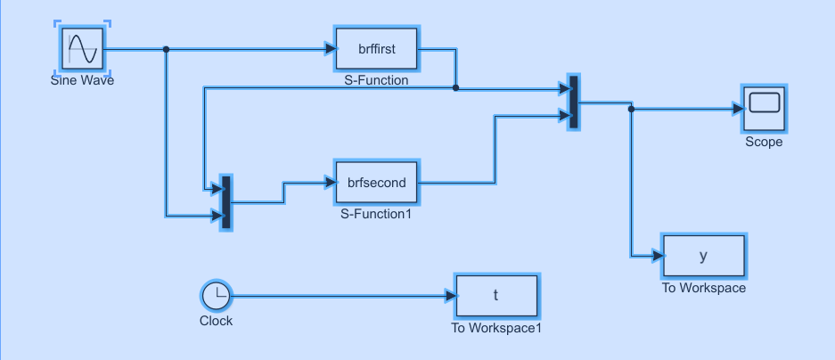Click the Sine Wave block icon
[x=83, y=48]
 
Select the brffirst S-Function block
[x=376, y=49]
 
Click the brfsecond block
[x=376, y=183]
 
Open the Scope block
[x=764, y=109]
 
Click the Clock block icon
[x=216, y=296]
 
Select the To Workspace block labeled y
[x=703, y=256]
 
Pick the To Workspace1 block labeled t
[x=496, y=296]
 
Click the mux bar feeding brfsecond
[x=225, y=202]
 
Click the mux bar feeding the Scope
[x=573, y=102]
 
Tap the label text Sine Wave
[x=83, y=80]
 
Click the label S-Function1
[x=376, y=214]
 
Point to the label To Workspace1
[x=496, y=327]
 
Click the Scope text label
[x=764, y=142]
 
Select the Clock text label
[x=216, y=321]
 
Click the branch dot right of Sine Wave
[x=166, y=49]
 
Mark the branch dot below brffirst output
[x=456, y=88]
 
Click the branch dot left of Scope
[x=631, y=110]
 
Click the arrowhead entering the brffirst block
[x=329, y=49]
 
